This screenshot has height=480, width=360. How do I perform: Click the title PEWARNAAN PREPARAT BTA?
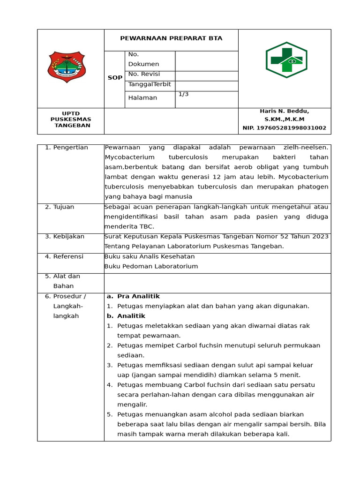[171, 38]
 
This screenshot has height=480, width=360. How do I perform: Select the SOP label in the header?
[115, 78]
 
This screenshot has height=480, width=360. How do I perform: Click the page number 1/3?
[183, 94]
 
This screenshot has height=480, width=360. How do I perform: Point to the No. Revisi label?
[144, 74]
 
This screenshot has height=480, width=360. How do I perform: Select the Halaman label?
[142, 97]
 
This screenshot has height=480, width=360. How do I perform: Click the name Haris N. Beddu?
[284, 111]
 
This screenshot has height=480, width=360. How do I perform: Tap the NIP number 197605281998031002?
[284, 128]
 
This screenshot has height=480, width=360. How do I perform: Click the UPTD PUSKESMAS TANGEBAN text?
[71, 120]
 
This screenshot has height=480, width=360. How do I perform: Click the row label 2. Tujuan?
[60, 207]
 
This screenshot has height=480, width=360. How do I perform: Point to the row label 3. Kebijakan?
[65, 236]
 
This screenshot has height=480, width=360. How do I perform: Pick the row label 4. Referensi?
[64, 256]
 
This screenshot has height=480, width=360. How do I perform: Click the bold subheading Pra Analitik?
[138, 296]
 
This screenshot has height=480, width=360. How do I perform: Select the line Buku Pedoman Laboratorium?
[151, 266]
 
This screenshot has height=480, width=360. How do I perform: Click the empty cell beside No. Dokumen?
[206, 60]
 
